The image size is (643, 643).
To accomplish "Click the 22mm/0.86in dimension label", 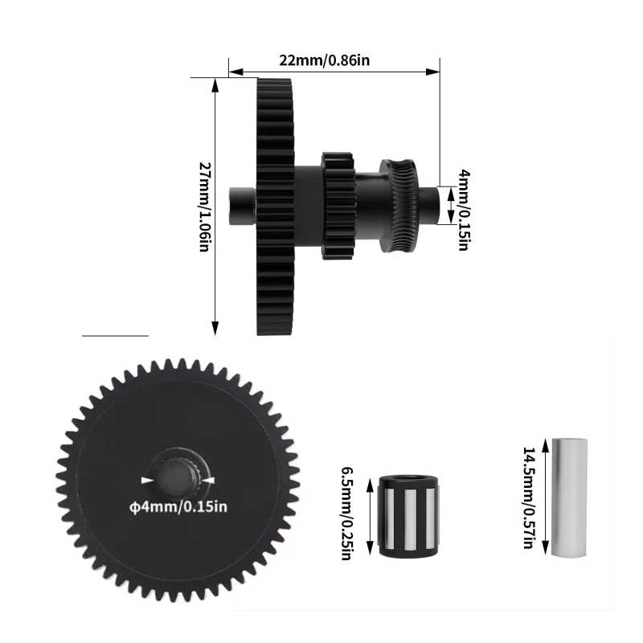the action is pyautogui.click(x=325, y=60).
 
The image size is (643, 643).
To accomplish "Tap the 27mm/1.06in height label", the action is pyautogui.click(x=205, y=207).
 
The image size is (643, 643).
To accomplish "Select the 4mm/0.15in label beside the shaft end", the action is pyautogui.click(x=463, y=209).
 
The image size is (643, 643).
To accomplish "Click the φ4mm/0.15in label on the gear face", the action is pyautogui.click(x=178, y=507).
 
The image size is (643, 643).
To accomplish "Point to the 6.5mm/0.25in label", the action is pyautogui.click(x=347, y=514).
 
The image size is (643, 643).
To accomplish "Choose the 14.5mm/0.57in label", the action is pyautogui.click(x=528, y=498).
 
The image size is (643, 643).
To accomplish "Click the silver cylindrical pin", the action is pyautogui.click(x=569, y=498).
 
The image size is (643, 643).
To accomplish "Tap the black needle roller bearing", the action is pyautogui.click(x=408, y=516).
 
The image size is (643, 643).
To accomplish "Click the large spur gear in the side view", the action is pyautogui.click(x=276, y=207).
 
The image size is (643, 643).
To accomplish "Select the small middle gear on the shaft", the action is pyautogui.click(x=338, y=206).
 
